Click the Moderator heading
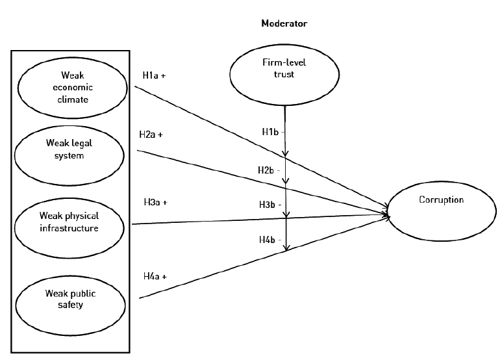pos(284,23)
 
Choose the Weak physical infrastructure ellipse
pos(69,222)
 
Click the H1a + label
pos(154,75)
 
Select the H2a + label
pos(151,135)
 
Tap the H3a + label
pos(155,202)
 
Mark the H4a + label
pos(155,276)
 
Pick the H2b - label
pos(269,170)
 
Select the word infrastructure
pos(69,227)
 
